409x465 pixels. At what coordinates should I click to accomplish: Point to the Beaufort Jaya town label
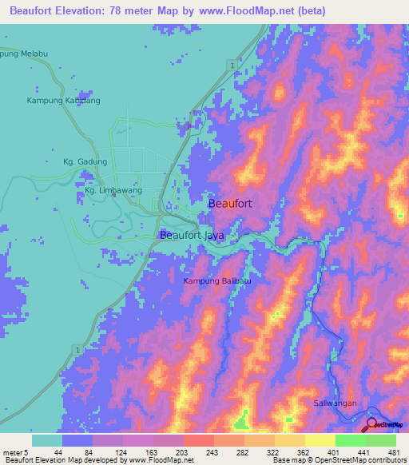tap(193, 236)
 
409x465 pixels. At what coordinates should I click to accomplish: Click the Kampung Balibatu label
tap(222, 281)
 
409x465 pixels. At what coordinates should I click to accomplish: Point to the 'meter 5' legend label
tap(15, 453)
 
